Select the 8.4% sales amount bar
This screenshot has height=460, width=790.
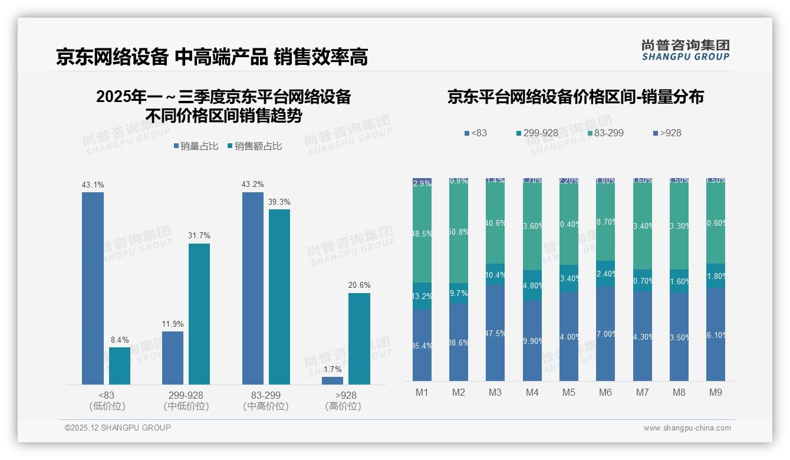(x=120, y=366)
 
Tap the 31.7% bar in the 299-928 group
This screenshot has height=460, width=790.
(x=199, y=314)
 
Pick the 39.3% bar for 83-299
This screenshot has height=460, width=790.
(x=279, y=297)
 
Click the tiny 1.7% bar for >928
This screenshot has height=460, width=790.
(x=333, y=381)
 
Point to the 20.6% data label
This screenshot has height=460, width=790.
(x=359, y=285)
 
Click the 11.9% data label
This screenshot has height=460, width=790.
(x=173, y=324)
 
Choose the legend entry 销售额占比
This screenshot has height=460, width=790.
(x=254, y=146)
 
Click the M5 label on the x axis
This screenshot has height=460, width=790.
(x=569, y=392)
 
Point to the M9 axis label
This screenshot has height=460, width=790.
(x=716, y=392)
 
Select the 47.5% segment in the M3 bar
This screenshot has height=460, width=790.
(x=495, y=333)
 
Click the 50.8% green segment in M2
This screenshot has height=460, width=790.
(x=459, y=231)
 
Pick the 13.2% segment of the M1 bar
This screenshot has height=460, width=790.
(x=422, y=296)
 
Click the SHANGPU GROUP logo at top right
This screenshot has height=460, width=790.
(x=685, y=50)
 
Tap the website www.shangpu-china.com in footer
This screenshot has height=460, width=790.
(x=687, y=428)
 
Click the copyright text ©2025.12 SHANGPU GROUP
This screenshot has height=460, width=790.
(x=118, y=428)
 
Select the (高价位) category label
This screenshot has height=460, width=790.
(x=343, y=406)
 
